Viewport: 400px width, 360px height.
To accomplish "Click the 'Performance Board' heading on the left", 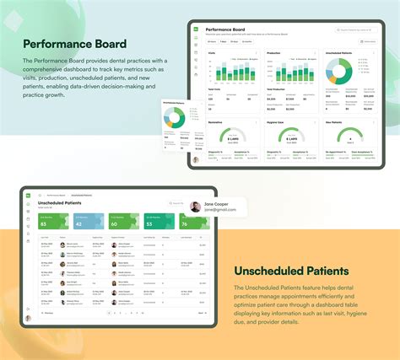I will click(x=75, y=43).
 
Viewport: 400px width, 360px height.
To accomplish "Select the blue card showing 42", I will click(x=89, y=222).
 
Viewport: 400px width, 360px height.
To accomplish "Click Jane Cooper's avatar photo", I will click(x=196, y=207).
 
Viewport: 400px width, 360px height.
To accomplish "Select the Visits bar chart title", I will click(x=210, y=53).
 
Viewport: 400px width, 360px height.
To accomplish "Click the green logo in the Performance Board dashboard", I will click(x=194, y=30).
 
